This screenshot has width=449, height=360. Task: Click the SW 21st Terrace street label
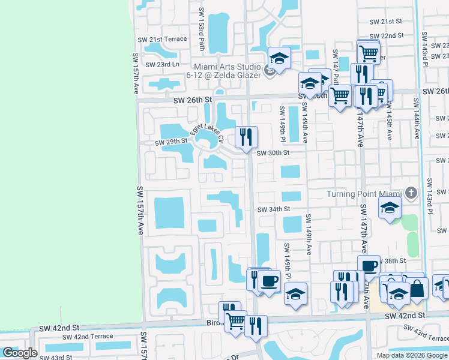click(x=163, y=39)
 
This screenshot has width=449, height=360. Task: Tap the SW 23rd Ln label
click(x=159, y=64)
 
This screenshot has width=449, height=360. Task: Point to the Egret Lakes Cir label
click(x=206, y=131)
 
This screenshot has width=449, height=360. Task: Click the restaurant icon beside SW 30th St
click(x=246, y=137)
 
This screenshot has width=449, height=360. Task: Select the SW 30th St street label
click(x=273, y=153)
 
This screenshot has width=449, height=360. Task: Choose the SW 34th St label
click(x=274, y=209)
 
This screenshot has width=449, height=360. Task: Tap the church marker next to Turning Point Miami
click(x=411, y=193)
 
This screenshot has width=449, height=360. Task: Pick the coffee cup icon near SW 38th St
click(x=369, y=265)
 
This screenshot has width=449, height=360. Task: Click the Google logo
click(x=19, y=353)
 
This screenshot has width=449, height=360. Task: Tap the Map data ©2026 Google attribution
click(x=412, y=355)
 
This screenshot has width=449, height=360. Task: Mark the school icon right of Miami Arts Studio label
click(x=279, y=58)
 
